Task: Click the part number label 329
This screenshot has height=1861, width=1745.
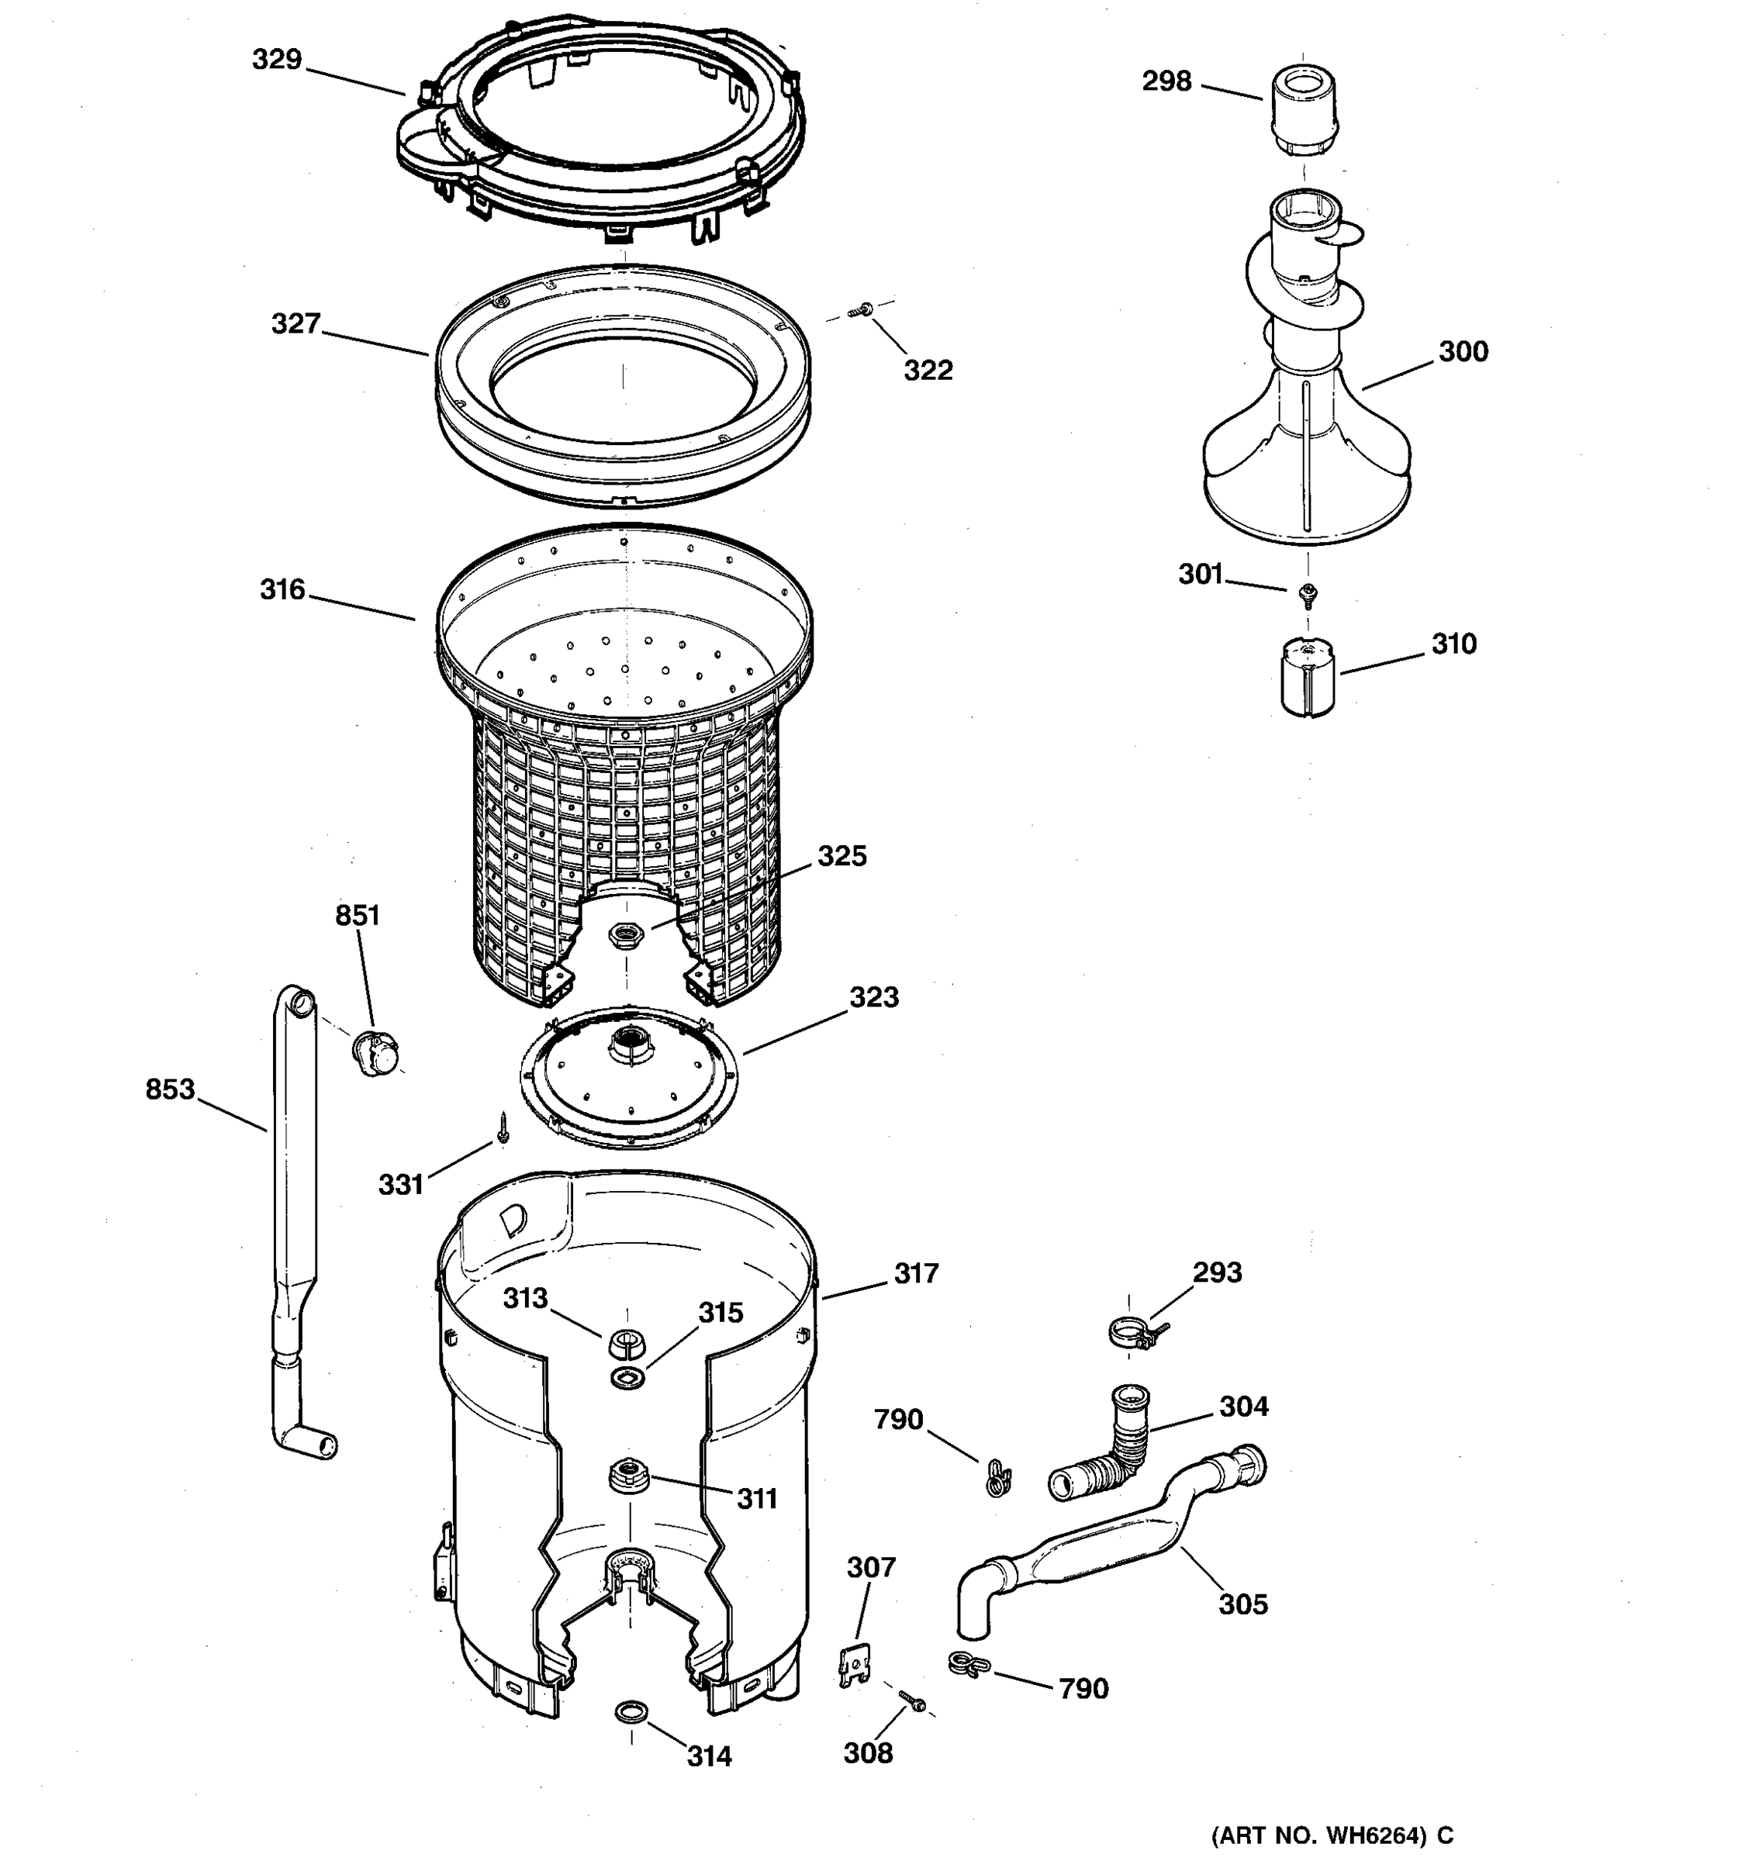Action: click(x=276, y=60)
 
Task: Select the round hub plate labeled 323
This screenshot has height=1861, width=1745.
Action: click(x=628, y=1076)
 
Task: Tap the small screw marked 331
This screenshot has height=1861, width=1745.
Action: click(x=503, y=1128)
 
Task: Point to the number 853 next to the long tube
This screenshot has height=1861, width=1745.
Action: click(x=169, y=1089)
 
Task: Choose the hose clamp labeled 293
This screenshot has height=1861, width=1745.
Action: click(x=1132, y=1332)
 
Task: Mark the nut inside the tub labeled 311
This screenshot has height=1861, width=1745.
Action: click(x=627, y=1476)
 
